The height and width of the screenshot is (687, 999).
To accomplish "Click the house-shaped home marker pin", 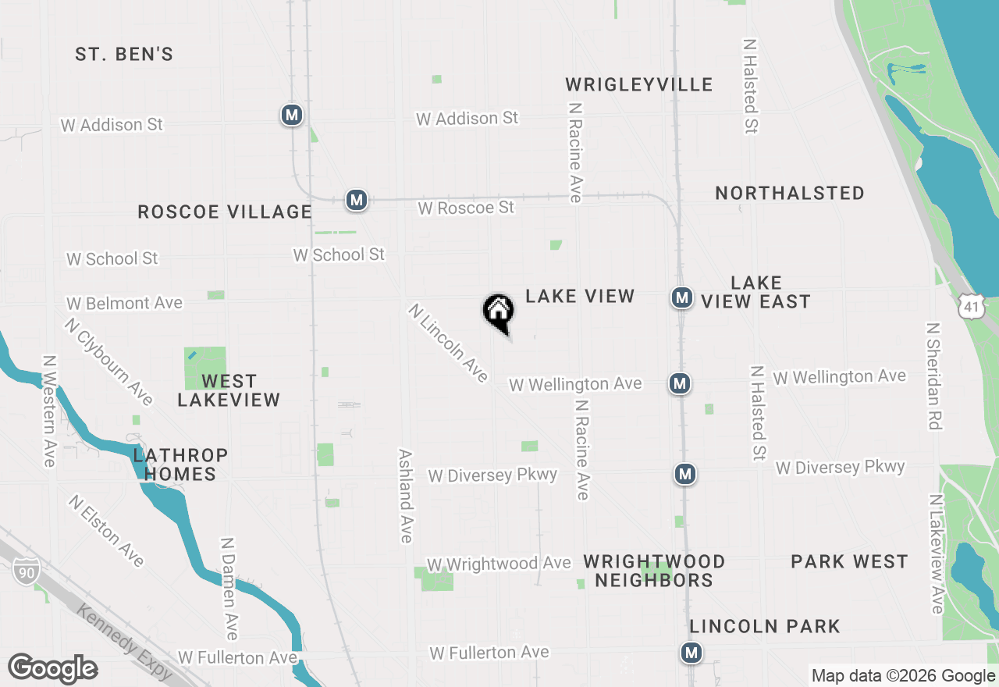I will pyautogui.click(x=499, y=312).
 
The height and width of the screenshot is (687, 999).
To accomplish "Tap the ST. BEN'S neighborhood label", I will pyautogui.click(x=124, y=55).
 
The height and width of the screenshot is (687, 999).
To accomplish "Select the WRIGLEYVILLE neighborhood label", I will pyautogui.click(x=639, y=84).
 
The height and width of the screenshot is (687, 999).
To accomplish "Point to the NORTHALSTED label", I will pyautogui.click(x=789, y=193).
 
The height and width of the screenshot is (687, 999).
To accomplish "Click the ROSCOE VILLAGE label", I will pyautogui.click(x=225, y=212).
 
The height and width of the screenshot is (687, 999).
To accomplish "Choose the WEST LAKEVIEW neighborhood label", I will pyautogui.click(x=229, y=390).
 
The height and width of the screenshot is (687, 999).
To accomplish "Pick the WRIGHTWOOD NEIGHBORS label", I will pyautogui.click(x=654, y=571).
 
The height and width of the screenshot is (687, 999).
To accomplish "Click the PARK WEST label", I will pyautogui.click(x=849, y=561).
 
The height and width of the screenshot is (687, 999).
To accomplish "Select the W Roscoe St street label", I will pyautogui.click(x=466, y=208).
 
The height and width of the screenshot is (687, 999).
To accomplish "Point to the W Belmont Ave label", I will pyautogui.click(x=124, y=303).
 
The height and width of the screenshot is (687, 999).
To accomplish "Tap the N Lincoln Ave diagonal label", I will pyautogui.click(x=448, y=343).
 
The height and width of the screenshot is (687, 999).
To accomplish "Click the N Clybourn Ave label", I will pyautogui.click(x=109, y=361).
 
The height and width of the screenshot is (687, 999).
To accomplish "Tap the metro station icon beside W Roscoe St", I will pyautogui.click(x=357, y=200).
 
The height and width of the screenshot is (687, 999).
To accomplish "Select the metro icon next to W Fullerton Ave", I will pyautogui.click(x=691, y=652).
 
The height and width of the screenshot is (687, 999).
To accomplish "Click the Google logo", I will pyautogui.click(x=52, y=669).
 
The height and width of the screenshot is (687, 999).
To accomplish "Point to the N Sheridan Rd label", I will pyautogui.click(x=934, y=376).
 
